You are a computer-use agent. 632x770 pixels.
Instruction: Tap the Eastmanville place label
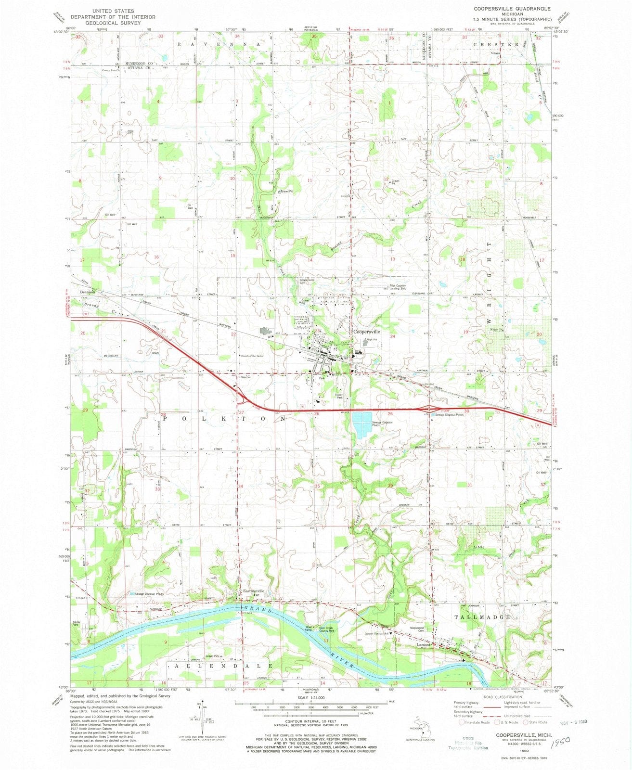(x=254, y=591)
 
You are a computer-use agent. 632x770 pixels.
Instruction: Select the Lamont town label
(x=423, y=645)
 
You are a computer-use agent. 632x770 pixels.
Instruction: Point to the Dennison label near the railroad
(x=88, y=292)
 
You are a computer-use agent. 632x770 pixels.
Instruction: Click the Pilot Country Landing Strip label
(x=398, y=287)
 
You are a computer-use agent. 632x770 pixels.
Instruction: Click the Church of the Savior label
(x=253, y=356)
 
